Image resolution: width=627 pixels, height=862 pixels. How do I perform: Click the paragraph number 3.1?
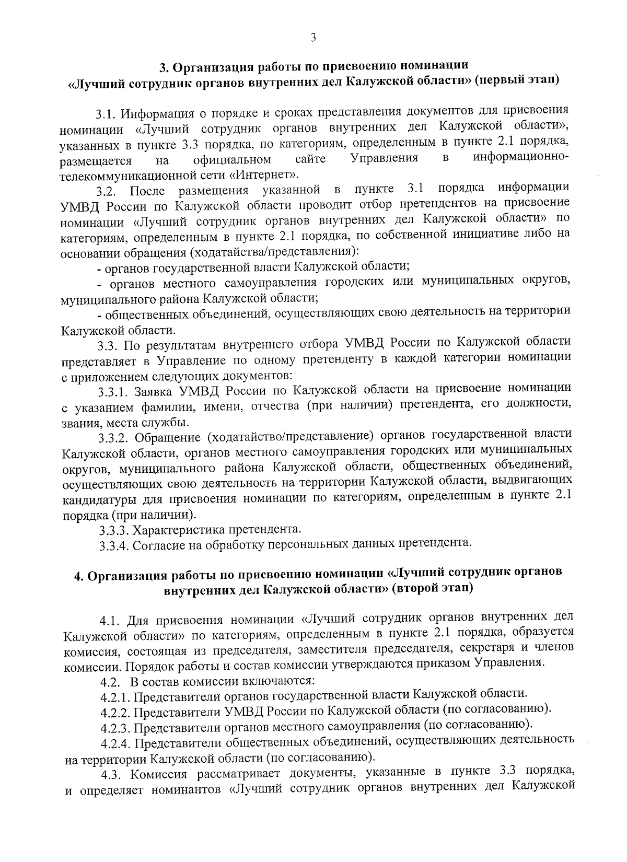[108, 113]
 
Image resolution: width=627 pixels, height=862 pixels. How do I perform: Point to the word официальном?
[232, 159]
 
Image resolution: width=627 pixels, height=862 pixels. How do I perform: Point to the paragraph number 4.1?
[110, 621]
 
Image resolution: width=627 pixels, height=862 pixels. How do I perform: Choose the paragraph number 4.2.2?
[115, 712]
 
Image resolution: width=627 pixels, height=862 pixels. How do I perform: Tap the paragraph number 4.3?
[110, 772]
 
